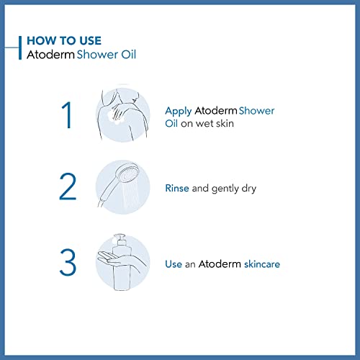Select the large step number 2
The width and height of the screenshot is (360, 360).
[x=67, y=187]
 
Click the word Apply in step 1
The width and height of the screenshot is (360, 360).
[x=178, y=111]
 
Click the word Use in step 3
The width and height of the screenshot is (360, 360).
[x=174, y=264]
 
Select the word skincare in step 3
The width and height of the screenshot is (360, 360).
[x=257, y=264]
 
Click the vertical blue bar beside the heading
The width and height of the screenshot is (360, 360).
[x=19, y=46]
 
